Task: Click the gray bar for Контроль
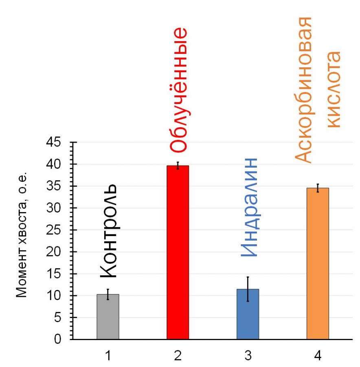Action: point(108,317)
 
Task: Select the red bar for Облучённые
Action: point(178,253)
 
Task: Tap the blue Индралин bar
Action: point(248,314)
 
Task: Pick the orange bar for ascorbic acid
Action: point(318,263)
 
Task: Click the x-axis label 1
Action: point(108,356)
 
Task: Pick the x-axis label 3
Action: point(248,356)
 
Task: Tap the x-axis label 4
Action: point(318,356)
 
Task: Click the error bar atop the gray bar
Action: point(108,294)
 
